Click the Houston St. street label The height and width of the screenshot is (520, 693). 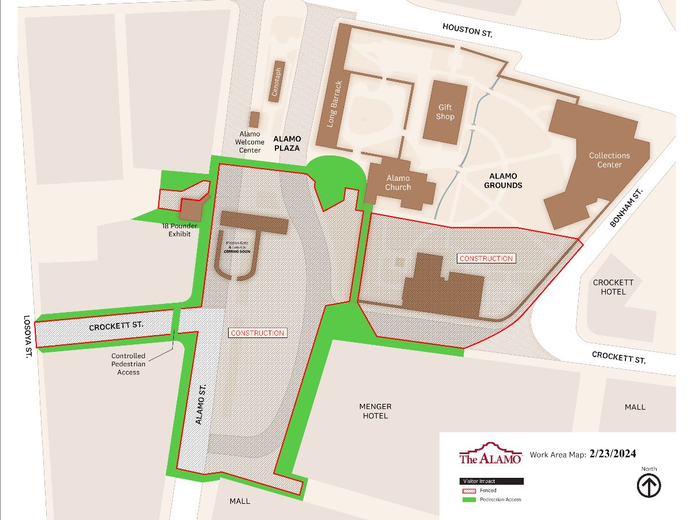467,30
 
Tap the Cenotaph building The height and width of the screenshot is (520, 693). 278,81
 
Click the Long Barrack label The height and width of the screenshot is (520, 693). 335,104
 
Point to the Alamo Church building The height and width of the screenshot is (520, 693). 398,183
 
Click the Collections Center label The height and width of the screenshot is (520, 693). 609,160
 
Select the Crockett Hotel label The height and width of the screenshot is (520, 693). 613,287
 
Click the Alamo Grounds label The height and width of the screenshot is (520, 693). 503,181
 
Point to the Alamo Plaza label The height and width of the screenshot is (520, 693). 287,143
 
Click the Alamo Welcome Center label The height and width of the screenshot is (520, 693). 249,142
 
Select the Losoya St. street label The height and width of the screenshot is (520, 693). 26,337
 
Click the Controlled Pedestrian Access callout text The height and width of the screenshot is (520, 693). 128,364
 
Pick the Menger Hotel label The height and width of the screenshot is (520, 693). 375,411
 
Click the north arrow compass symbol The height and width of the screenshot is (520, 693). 649,486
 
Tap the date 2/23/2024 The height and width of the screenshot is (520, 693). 613,454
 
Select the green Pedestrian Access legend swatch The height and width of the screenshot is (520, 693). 467,499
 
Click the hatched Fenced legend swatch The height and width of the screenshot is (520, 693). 467,491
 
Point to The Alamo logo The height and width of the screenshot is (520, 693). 490,454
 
